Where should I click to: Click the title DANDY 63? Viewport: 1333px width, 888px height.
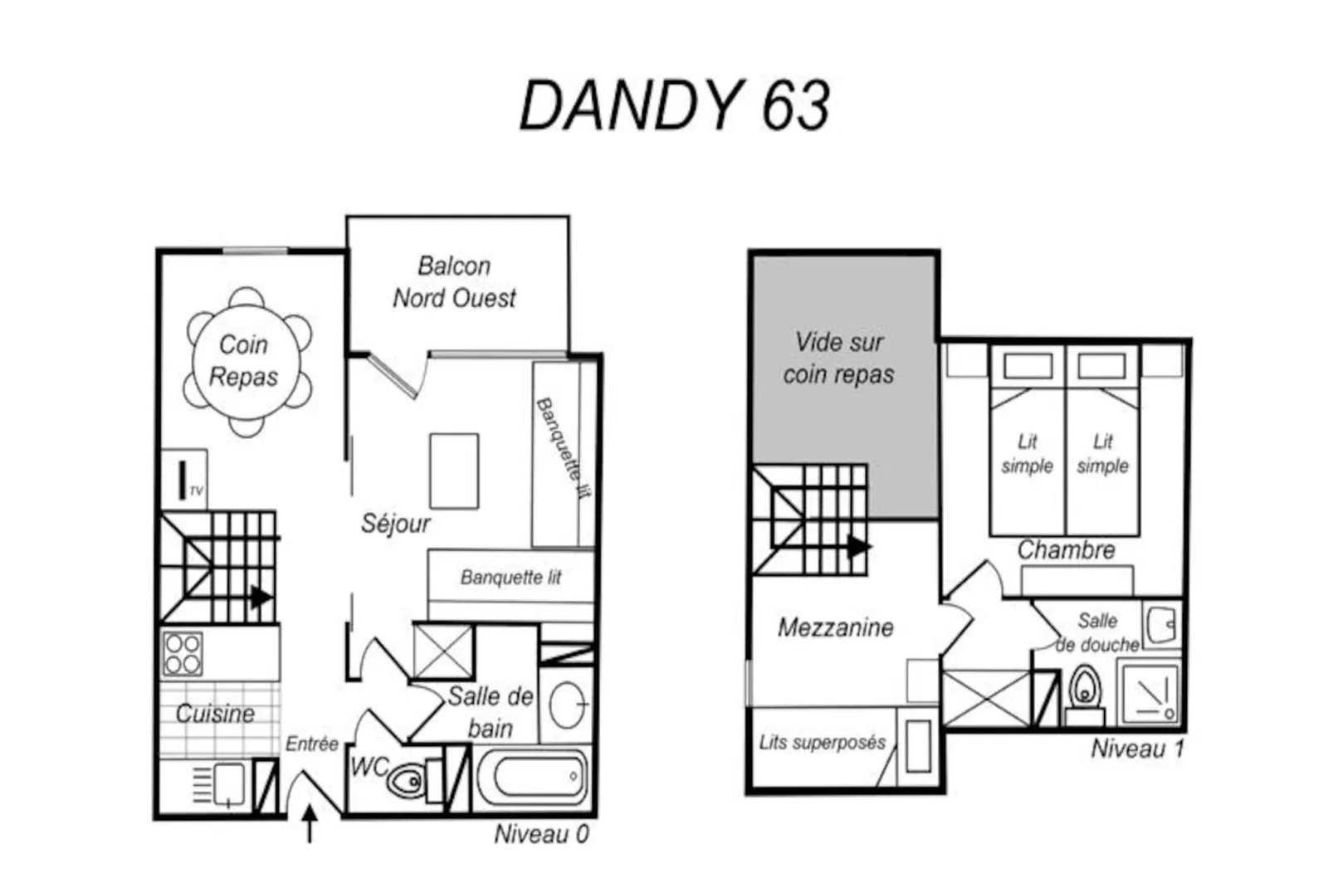coord(674,105)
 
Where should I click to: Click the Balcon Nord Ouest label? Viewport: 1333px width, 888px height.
coord(454,282)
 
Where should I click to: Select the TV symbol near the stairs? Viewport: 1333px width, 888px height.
coord(184,481)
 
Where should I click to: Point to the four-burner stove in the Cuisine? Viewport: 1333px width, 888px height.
coord(183,654)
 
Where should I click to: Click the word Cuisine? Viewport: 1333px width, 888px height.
coord(215,714)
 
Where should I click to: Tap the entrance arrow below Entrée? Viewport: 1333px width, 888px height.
coord(310,823)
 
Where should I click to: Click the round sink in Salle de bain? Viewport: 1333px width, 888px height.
coord(568,705)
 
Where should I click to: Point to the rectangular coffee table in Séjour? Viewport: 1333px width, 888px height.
coord(454,471)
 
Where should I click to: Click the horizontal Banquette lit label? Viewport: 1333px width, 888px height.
coord(510,577)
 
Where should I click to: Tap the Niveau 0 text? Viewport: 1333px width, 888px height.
coord(541,834)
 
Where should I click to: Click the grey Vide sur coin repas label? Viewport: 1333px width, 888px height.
coord(838,359)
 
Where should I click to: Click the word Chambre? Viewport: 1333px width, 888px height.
coord(1066,549)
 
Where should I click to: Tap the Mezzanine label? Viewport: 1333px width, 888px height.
coord(835,627)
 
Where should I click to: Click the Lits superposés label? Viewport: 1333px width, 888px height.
coord(822,743)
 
